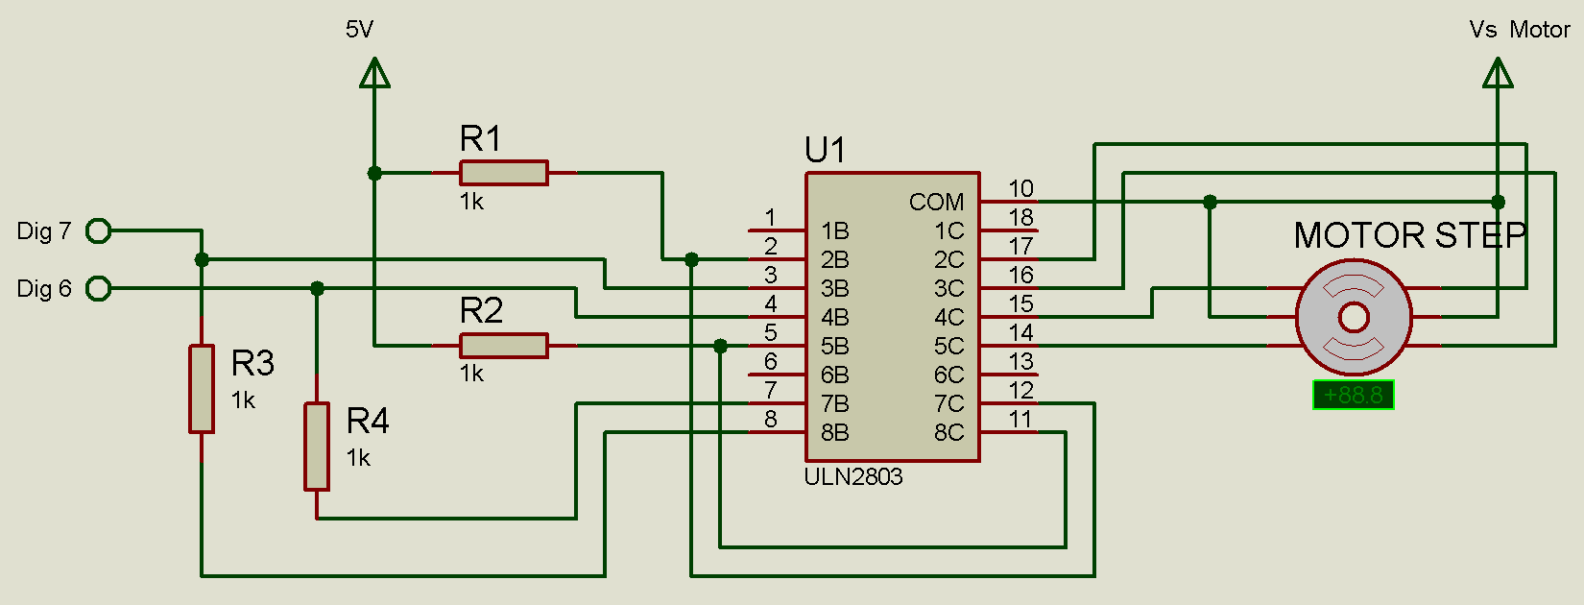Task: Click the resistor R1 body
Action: pyautogui.click(x=503, y=173)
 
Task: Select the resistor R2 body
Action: pyautogui.click(x=503, y=346)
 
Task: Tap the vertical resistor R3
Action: pyautogui.click(x=201, y=389)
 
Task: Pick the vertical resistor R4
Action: pyautogui.click(x=317, y=447)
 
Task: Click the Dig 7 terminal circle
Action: pyautogui.click(x=98, y=230)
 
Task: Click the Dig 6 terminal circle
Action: pyautogui.click(x=98, y=288)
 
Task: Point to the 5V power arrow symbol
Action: pyautogui.click(x=374, y=73)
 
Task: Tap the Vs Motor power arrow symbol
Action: pyautogui.click(x=1498, y=73)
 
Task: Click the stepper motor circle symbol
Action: pyautogui.click(x=1354, y=317)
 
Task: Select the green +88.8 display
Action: pyautogui.click(x=1354, y=395)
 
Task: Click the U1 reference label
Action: pyautogui.click(x=825, y=151)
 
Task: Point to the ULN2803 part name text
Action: pyautogui.click(x=853, y=477)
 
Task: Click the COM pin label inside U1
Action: pyautogui.click(x=936, y=203)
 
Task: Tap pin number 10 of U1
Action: pyautogui.click(x=1020, y=189)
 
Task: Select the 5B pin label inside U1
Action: pyautogui.click(x=834, y=346)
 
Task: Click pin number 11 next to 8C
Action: pyautogui.click(x=1020, y=420)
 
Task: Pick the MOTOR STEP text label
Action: pyautogui.click(x=1409, y=235)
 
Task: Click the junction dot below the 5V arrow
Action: pyautogui.click(x=374, y=173)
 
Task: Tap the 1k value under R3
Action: pyautogui.click(x=243, y=400)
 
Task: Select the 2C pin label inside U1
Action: pyautogui.click(x=948, y=260)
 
